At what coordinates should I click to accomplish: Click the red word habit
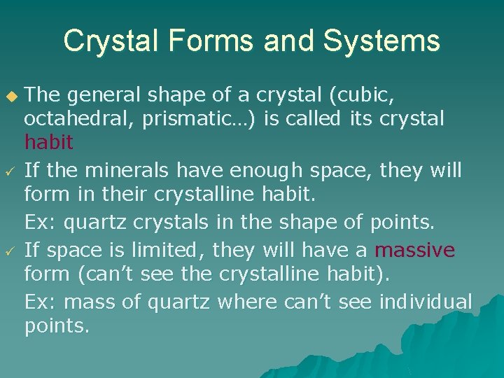coord(49,143)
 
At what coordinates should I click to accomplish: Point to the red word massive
coord(415,249)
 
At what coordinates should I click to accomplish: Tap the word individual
coord(426,302)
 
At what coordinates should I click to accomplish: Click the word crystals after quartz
coord(171,223)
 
